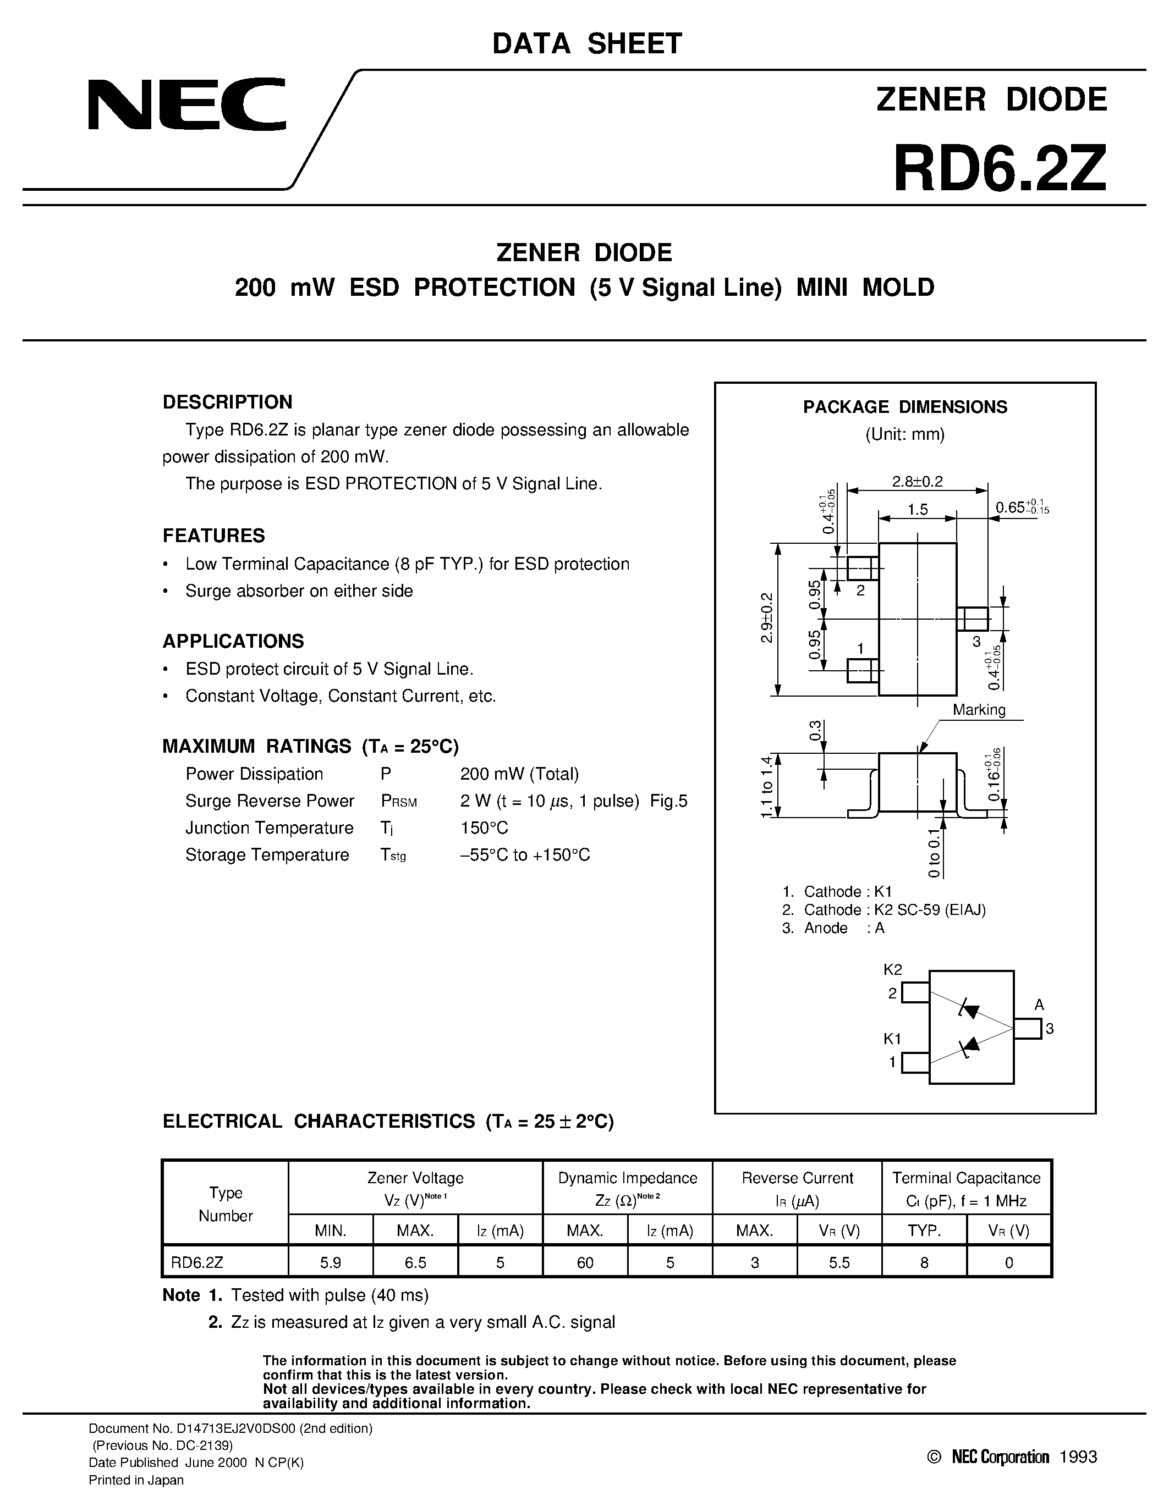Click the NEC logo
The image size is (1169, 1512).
click(x=187, y=104)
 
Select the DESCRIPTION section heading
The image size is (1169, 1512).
click(x=227, y=402)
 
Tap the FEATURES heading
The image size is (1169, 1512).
click(x=213, y=536)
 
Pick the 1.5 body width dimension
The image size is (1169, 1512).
click(x=917, y=510)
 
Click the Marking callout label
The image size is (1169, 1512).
click(x=979, y=710)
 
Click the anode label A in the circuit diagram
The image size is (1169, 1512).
click(x=1039, y=1005)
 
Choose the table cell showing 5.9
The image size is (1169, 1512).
click(x=330, y=1262)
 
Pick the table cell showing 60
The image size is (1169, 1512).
click(x=585, y=1262)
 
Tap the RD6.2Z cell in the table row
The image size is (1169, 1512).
click(x=197, y=1262)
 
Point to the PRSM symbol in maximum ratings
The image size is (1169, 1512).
click(x=399, y=802)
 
